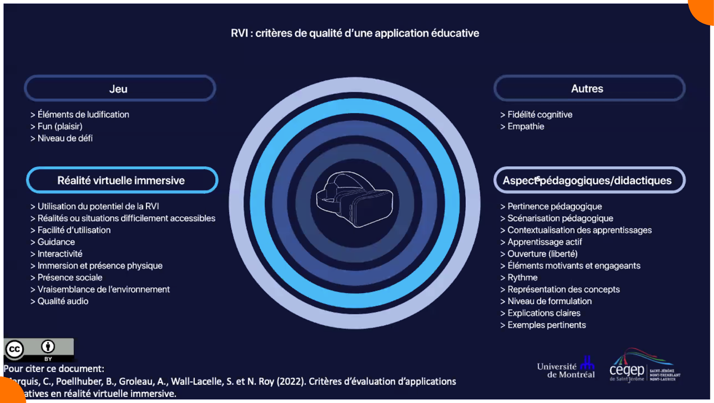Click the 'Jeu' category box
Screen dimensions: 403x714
120,88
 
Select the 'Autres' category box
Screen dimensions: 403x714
589,88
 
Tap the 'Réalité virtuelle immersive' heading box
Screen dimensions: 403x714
122,181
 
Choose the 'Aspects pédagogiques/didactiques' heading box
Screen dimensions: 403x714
589,181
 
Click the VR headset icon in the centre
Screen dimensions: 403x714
355,199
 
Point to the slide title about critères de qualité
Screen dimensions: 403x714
355,33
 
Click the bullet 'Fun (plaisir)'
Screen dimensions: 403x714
60,126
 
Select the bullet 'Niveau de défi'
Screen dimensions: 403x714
65,139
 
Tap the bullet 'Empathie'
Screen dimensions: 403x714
526,126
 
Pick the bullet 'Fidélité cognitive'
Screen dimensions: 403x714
540,115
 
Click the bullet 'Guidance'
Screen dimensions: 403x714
56,242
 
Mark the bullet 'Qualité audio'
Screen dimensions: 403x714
62,302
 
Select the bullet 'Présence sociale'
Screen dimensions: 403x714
70,278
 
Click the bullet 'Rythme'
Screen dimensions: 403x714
522,278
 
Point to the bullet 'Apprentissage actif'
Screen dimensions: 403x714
544,242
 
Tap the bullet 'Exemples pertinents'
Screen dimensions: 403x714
546,325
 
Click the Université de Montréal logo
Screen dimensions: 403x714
566,369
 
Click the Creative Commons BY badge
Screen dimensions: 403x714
38,349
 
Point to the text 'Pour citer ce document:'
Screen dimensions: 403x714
54,369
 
